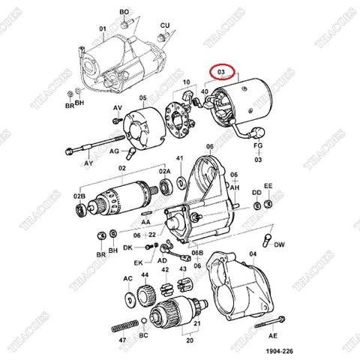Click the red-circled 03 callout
(221, 73)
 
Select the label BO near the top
(124, 13)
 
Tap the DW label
(279, 244)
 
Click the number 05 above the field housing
(141, 98)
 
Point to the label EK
(138, 262)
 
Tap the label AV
(117, 108)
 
